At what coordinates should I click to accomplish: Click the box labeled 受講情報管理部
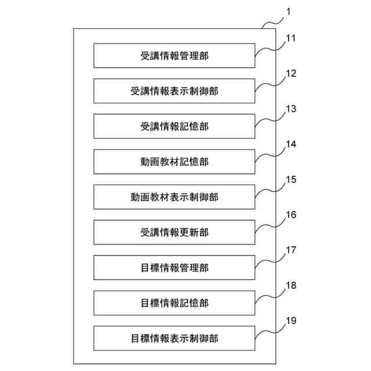point(174,56)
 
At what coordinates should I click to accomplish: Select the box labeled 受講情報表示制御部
point(174,91)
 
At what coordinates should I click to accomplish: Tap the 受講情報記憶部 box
point(174,126)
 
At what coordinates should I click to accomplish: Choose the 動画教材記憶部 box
point(174,162)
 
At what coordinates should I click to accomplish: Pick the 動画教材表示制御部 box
point(174,197)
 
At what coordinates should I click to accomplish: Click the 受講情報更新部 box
point(174,232)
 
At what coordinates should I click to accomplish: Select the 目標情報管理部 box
point(174,268)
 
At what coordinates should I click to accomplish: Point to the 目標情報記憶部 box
point(174,303)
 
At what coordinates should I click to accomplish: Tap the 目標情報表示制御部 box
point(174,339)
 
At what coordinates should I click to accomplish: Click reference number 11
point(291,38)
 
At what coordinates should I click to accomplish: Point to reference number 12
point(291,74)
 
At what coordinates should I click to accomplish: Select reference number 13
point(291,109)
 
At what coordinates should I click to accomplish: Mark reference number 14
point(291,144)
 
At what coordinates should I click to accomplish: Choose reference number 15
point(291,180)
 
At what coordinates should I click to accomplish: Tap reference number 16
point(291,215)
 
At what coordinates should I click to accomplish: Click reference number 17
point(291,250)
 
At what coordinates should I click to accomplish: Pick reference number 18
point(291,286)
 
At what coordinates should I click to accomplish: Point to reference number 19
point(291,321)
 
